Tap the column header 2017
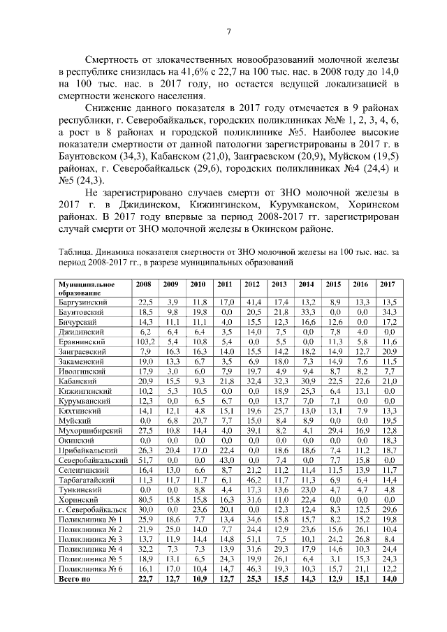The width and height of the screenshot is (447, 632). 387,285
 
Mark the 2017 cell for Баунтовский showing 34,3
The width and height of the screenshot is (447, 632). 387,311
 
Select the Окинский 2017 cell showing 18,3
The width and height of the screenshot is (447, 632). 387,442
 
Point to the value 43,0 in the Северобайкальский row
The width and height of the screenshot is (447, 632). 226,462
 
